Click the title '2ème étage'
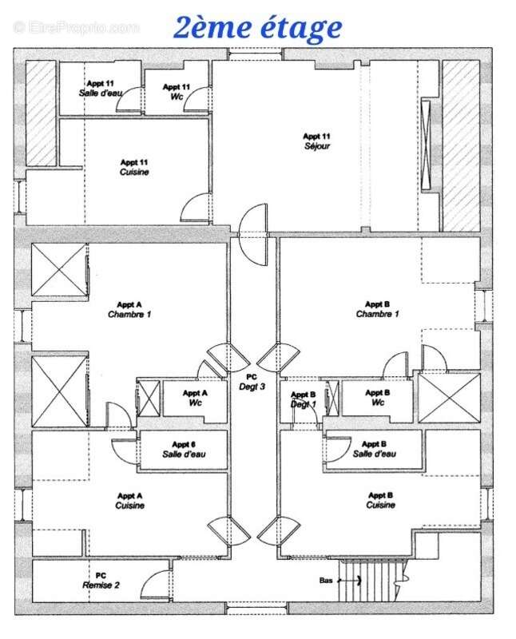(257, 27)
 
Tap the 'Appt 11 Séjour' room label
(316, 141)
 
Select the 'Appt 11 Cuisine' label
(134, 166)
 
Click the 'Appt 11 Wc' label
(176, 92)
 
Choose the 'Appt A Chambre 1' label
(129, 309)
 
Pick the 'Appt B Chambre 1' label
(377, 309)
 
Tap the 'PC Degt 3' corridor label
(252, 382)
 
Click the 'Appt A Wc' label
(195, 398)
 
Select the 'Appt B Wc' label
(377, 398)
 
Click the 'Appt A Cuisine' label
(129, 500)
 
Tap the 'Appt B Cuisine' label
(380, 500)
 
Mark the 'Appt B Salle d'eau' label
(374, 449)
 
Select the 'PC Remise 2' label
(101, 580)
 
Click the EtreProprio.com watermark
(76, 27)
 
